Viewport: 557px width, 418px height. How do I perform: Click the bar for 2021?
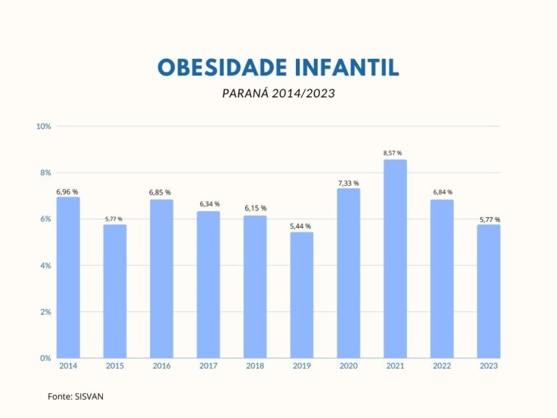pos(395,259)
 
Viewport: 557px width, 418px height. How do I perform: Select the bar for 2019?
pos(302,295)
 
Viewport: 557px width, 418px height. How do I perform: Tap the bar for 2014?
pos(68,278)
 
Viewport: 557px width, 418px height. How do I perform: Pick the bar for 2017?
pos(208,284)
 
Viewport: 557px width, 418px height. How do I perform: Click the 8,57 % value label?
pos(395,153)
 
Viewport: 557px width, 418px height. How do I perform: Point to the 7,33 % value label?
pos(348,183)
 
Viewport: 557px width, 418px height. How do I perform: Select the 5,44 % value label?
pos(302,226)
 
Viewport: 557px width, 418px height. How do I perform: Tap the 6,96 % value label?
pos(67,192)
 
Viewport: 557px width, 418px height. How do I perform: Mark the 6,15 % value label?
pos(255,208)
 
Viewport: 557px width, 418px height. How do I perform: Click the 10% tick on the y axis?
pos(43,126)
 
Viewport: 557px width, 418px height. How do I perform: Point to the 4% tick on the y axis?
pos(44,266)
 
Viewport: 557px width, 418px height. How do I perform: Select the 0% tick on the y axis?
pos(44,358)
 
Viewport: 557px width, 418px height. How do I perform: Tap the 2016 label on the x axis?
pos(162,366)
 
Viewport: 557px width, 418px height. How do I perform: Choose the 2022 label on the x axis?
pos(441,366)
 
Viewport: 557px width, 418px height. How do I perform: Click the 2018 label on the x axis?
pos(255,366)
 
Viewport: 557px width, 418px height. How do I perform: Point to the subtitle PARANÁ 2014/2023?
pos(278,94)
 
